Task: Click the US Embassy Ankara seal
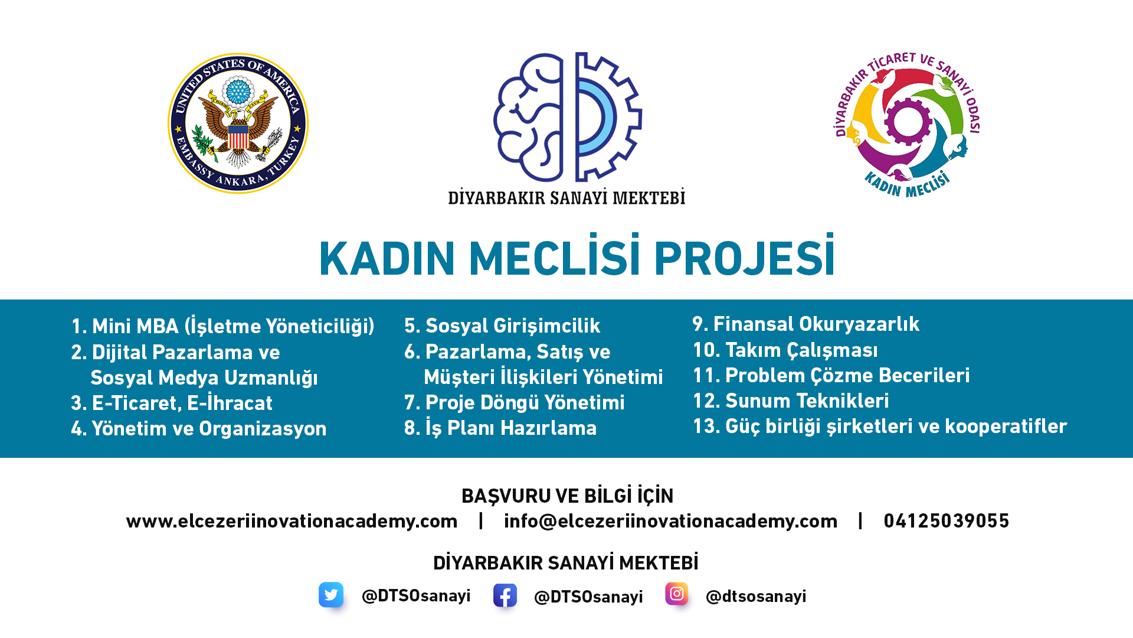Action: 238,123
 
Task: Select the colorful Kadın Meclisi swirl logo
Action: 908,123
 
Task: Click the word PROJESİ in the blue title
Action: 744,259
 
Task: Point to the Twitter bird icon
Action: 331,595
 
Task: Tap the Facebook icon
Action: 505,595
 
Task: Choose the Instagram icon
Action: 677,594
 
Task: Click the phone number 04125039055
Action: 946,521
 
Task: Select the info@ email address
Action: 670,521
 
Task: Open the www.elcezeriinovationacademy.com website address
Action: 292,521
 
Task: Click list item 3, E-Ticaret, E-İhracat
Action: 172,403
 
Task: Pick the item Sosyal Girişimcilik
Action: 502,325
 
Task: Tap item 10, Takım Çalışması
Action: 785,350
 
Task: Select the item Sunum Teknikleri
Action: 791,401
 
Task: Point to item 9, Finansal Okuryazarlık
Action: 805,324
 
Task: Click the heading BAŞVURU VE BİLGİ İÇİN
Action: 567,496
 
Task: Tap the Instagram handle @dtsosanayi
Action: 756,597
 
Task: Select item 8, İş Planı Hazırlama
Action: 500,428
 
